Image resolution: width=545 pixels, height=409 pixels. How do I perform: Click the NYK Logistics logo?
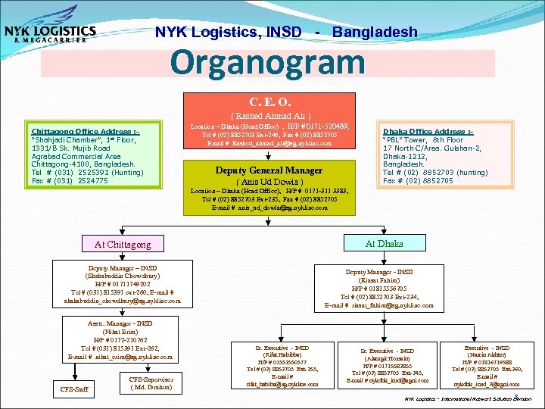pos(50,31)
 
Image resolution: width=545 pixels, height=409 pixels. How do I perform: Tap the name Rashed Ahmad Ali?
pos(270,114)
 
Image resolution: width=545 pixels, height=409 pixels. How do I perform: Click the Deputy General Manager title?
pos(269,170)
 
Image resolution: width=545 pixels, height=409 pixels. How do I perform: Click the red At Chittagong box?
pos(122,244)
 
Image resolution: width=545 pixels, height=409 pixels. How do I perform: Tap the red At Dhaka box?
pos(384,243)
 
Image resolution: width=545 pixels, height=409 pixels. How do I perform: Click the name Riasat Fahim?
pos(378,280)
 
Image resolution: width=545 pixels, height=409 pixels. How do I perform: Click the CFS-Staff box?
pos(74,390)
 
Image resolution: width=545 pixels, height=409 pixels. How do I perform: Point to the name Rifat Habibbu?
pos(282,354)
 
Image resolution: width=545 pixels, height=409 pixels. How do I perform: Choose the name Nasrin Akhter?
pos(492,354)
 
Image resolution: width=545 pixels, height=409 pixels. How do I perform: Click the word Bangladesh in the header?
pos(375,32)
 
